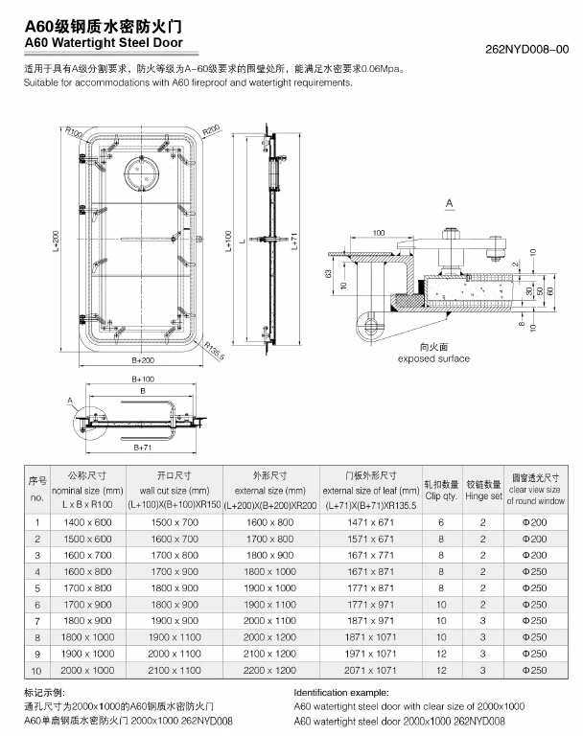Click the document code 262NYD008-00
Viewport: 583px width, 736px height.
point(527,49)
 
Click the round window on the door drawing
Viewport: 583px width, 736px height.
point(141,172)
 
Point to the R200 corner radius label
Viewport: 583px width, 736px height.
point(212,130)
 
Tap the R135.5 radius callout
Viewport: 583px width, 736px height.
point(215,351)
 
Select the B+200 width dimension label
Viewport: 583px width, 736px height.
point(143,360)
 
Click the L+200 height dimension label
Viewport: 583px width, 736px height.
point(56,241)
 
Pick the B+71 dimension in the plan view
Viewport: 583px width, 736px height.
point(143,448)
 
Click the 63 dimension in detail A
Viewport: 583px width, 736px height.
point(328,273)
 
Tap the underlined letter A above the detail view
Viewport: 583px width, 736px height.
point(450,203)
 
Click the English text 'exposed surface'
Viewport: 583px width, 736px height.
point(433,358)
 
